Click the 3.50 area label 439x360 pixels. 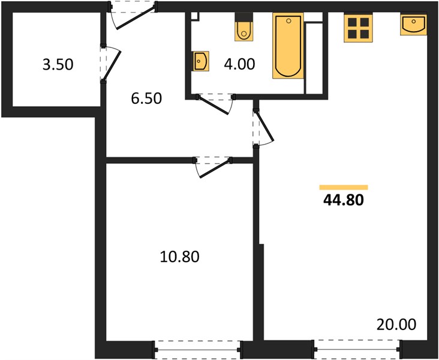tap(58, 64)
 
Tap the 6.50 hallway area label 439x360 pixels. tap(146, 98)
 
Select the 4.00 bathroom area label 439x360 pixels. tap(239, 64)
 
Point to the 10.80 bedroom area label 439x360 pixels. tap(180, 257)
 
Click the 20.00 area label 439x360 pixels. tap(396, 325)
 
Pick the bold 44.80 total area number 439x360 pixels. tap(344, 200)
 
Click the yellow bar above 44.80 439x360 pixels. tap(344, 187)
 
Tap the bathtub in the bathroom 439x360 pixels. tap(288, 46)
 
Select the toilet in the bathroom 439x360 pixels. tap(244, 27)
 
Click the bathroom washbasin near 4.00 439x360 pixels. tap(200, 61)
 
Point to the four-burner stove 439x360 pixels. tap(359, 28)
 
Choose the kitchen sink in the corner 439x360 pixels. tap(414, 25)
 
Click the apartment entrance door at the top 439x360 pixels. tap(133, 16)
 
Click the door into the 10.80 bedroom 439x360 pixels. tap(213, 167)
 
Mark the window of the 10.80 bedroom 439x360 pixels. tap(197, 350)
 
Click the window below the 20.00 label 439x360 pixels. tap(357, 349)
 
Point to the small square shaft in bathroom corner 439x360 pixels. tap(195, 17)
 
